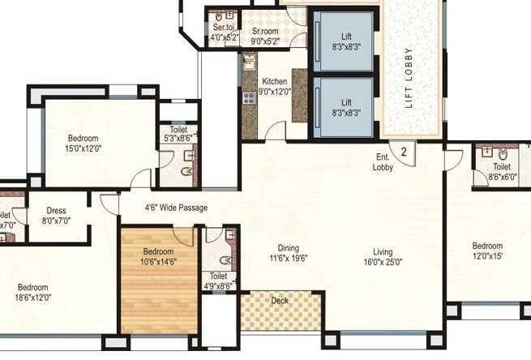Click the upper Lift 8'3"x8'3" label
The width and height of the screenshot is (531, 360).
click(x=345, y=43)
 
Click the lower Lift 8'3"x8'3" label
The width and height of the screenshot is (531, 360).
click(x=345, y=108)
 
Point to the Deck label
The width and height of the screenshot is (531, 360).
click(x=280, y=301)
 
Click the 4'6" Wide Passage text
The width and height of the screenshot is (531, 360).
click(x=175, y=208)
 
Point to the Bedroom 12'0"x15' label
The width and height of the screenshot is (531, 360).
click(x=488, y=251)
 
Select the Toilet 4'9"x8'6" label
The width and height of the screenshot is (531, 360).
click(x=216, y=281)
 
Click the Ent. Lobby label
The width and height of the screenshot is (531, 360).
click(x=383, y=162)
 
